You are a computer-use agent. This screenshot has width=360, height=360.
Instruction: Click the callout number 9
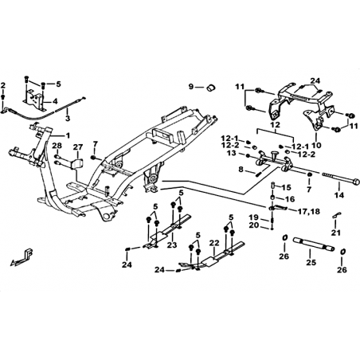[191, 87]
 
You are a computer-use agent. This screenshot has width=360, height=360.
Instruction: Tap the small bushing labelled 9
[211, 87]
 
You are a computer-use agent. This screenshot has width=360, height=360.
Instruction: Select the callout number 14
[339, 195]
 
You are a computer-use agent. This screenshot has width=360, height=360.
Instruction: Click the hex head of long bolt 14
[356, 182]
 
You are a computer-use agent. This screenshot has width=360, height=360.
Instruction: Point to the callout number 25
[311, 262]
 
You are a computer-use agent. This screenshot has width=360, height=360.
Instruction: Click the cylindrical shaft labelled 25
[314, 244]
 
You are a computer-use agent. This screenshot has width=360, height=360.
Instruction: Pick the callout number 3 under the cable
[68, 119]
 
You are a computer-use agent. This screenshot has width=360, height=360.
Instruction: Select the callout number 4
[55, 101]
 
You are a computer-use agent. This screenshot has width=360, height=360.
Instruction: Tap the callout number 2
[3, 85]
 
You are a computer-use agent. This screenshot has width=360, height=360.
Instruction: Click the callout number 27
[78, 147]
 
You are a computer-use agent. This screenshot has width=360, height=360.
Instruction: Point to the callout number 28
[57, 146]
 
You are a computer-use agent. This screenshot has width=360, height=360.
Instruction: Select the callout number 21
[336, 233]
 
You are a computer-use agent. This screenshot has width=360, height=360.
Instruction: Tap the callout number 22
[213, 242]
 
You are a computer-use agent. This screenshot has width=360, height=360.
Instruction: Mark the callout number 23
[172, 245]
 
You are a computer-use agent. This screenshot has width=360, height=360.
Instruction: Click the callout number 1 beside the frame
[68, 135]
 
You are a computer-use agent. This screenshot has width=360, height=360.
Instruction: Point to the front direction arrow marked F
[22, 257]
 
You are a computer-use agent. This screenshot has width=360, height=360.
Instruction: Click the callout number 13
[232, 153]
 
